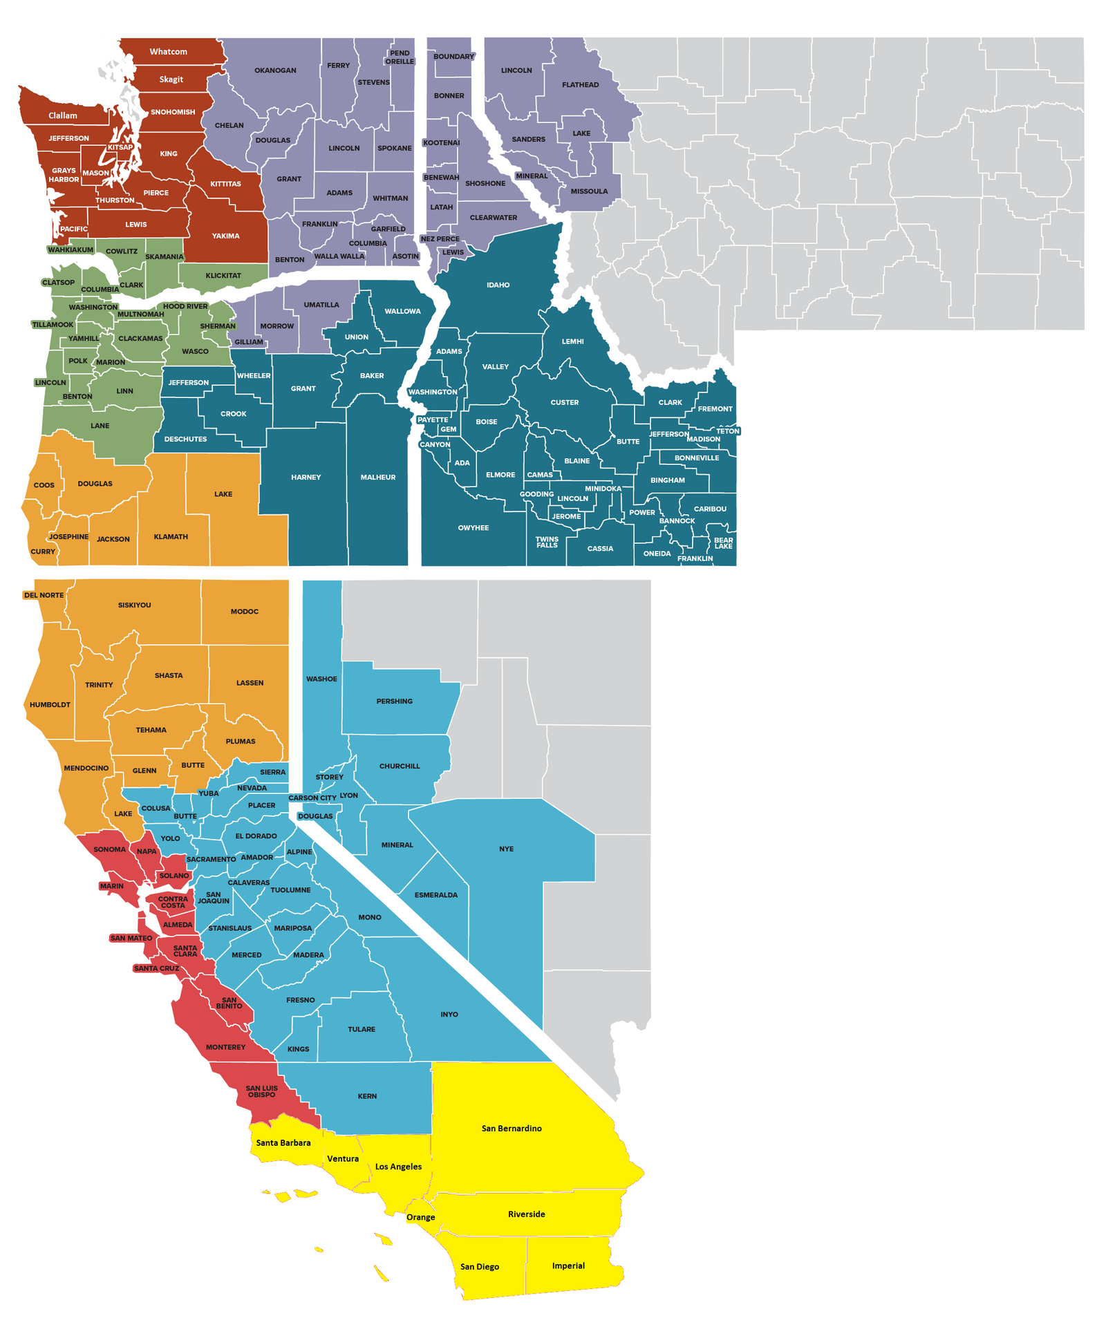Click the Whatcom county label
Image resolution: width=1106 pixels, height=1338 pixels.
click(168, 52)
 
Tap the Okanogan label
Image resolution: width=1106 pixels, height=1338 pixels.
click(275, 70)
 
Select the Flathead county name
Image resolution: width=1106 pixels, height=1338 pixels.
click(580, 85)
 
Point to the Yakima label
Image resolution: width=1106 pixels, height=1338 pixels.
click(225, 236)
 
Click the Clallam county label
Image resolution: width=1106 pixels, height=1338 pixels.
click(63, 115)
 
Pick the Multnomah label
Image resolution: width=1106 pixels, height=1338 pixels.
click(140, 314)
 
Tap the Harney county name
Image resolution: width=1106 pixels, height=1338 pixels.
click(306, 478)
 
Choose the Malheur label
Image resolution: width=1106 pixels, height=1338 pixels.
click(378, 478)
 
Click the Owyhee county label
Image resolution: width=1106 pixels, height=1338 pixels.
click(473, 528)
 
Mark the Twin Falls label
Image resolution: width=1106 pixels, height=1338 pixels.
click(547, 543)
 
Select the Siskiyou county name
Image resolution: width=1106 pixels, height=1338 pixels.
click(134, 605)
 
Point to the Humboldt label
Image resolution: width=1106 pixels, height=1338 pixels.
click(50, 705)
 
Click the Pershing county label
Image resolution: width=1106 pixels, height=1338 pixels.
click(394, 701)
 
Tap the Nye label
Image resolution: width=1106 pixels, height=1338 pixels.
click(506, 849)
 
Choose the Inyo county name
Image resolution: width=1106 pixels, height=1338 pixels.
click(449, 1015)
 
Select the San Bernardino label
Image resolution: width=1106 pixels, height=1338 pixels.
click(512, 1129)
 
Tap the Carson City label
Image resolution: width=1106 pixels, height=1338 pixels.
click(312, 798)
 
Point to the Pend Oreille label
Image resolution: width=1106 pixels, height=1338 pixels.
click(400, 57)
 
